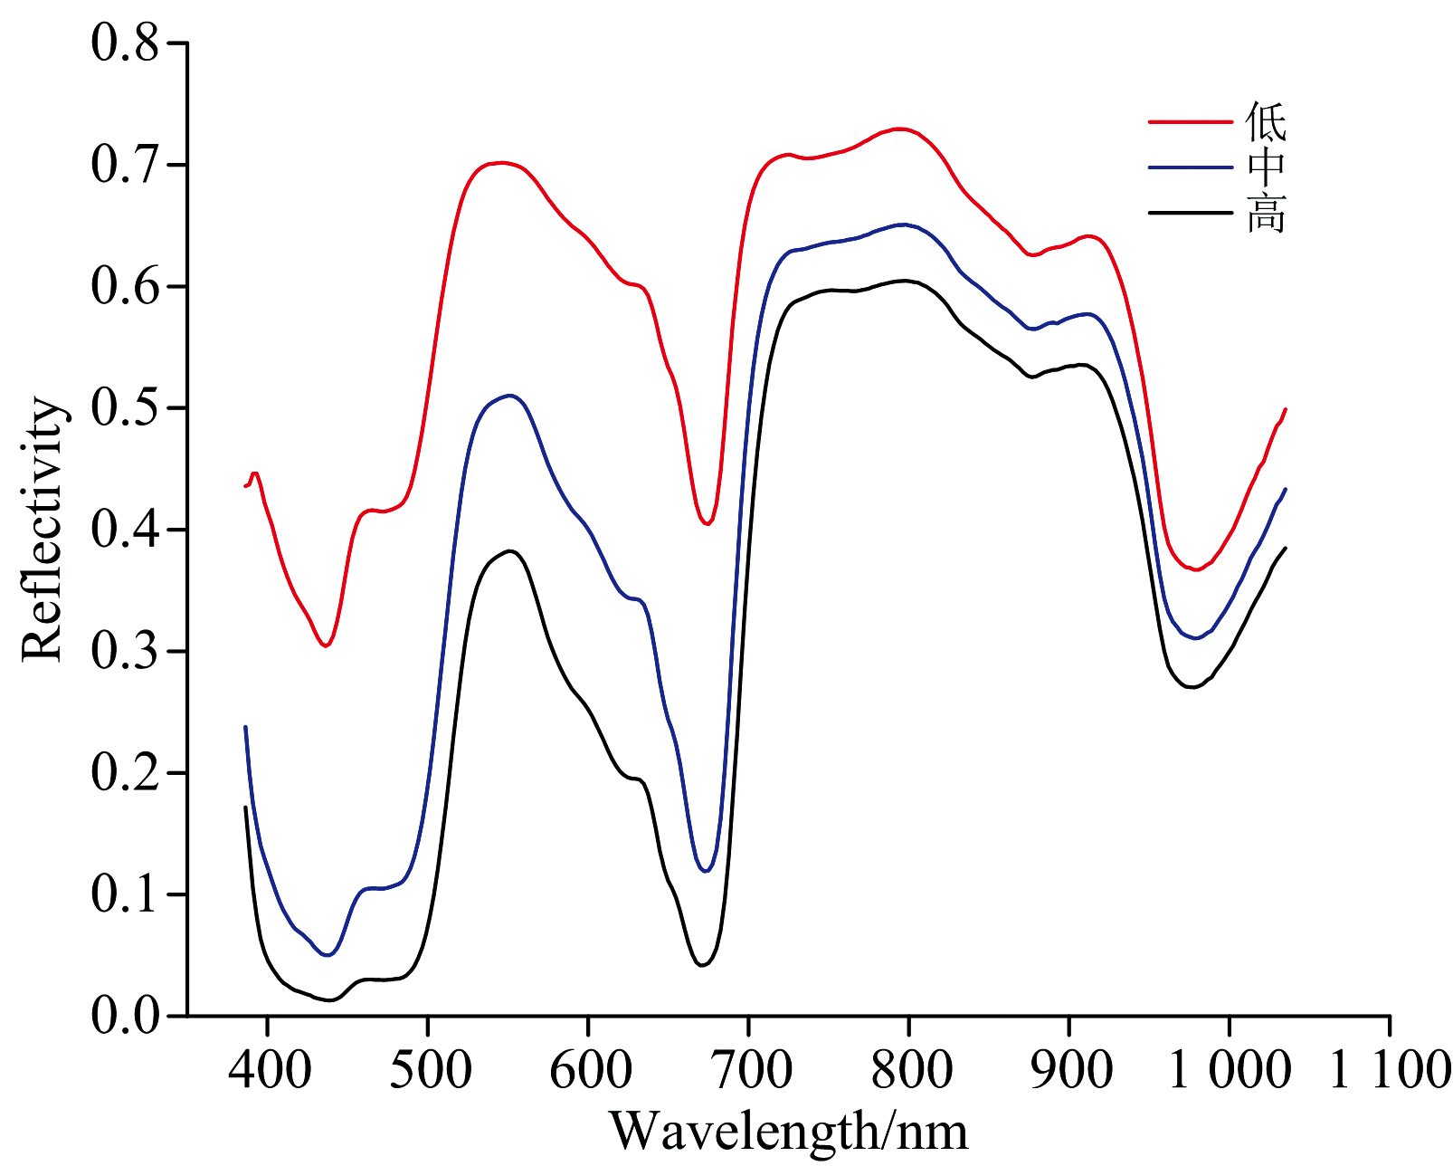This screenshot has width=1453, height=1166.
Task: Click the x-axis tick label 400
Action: point(268,1070)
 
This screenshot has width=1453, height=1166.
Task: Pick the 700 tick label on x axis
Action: point(749,1070)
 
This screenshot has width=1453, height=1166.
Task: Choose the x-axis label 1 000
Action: point(1229,1070)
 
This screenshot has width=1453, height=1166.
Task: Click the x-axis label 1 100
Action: point(1390,1070)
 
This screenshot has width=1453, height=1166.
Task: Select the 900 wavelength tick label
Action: point(1069,1070)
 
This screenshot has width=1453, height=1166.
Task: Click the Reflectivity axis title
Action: point(43,530)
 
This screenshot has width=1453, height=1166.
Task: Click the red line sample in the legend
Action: point(1191,120)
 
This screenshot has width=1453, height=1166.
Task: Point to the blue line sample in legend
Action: point(1191,167)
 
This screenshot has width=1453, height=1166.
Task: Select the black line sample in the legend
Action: point(1191,213)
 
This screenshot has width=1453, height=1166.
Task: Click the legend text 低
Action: point(1266,121)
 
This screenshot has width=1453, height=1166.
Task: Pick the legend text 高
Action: point(1266,214)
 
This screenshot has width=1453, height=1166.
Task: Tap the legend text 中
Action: point(1266,167)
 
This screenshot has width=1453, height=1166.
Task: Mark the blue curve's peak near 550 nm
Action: point(510,396)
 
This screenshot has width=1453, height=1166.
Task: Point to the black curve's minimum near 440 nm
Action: point(330,999)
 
